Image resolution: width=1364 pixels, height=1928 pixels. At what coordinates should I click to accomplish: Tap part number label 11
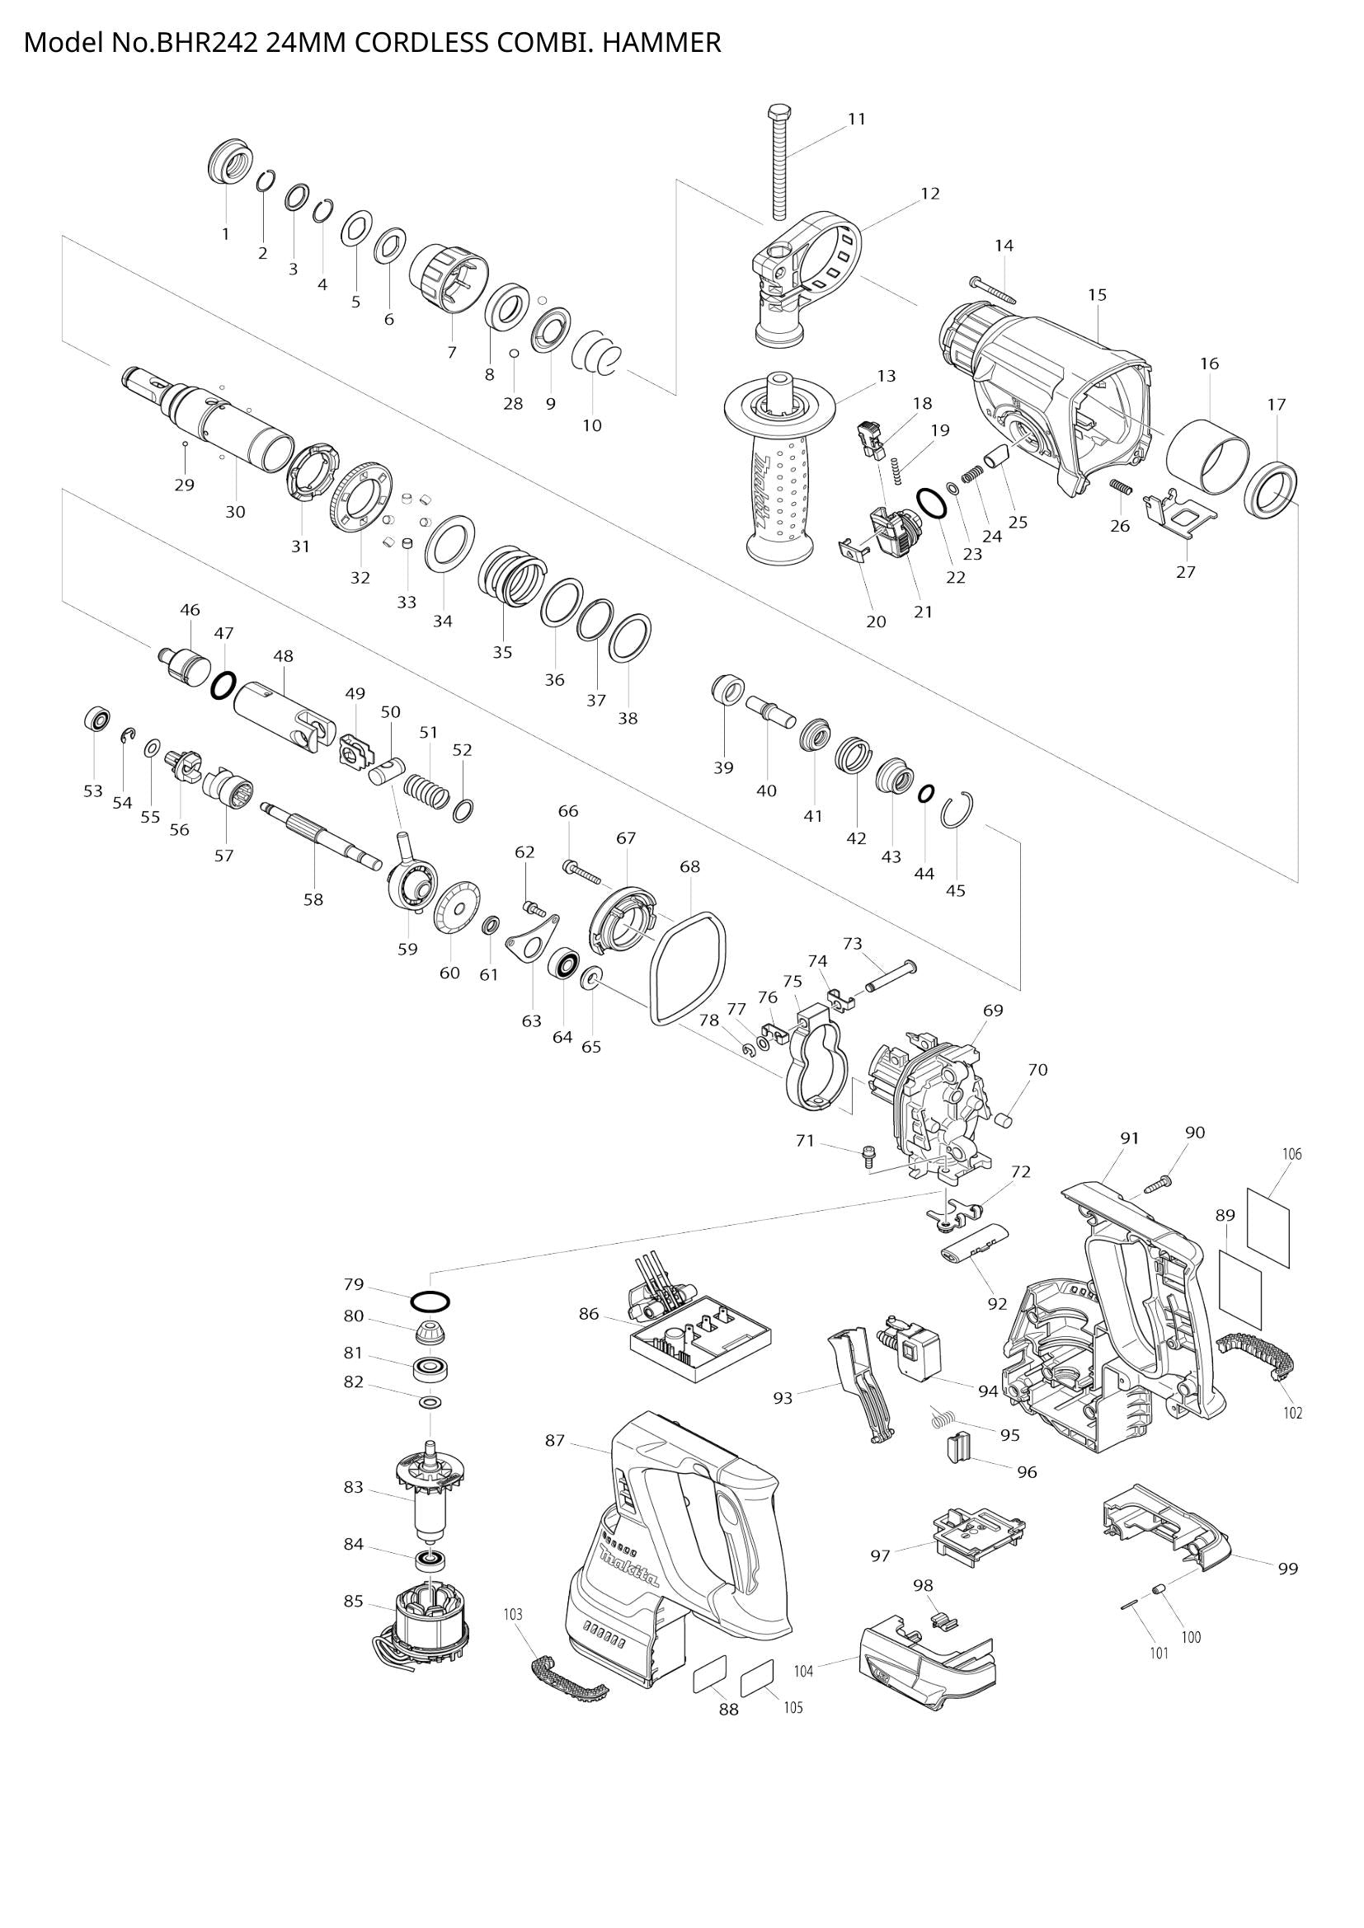pos(856,120)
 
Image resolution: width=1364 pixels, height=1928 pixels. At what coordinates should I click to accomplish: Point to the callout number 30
pos(235,511)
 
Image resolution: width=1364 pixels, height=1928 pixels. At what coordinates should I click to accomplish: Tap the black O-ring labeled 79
pos(430,1302)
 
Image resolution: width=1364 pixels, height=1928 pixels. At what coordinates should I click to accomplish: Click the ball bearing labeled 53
pos(97,720)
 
